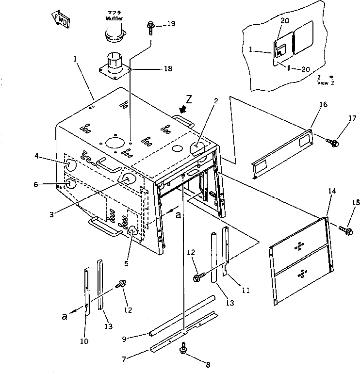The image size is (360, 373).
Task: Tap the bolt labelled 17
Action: pyautogui.click(x=333, y=142)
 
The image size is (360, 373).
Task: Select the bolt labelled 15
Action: pyautogui.click(x=346, y=227)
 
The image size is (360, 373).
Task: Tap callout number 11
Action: pyautogui.click(x=245, y=291)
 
